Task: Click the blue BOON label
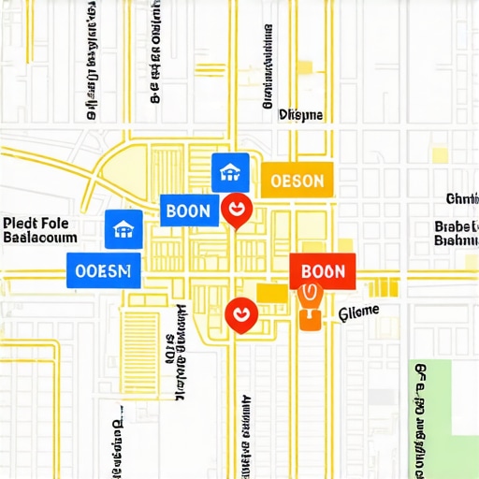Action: tap(187, 210)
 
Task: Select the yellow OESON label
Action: tap(296, 181)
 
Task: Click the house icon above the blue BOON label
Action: tap(230, 171)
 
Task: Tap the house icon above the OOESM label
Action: tap(123, 228)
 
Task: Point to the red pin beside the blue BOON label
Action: tap(236, 210)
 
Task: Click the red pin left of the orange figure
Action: tap(239, 316)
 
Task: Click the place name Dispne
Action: tap(300, 115)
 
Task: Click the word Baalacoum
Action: tap(40, 239)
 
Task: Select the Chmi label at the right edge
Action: tap(462, 198)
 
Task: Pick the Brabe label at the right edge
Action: tap(457, 226)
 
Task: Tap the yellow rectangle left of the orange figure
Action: tap(271, 294)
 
